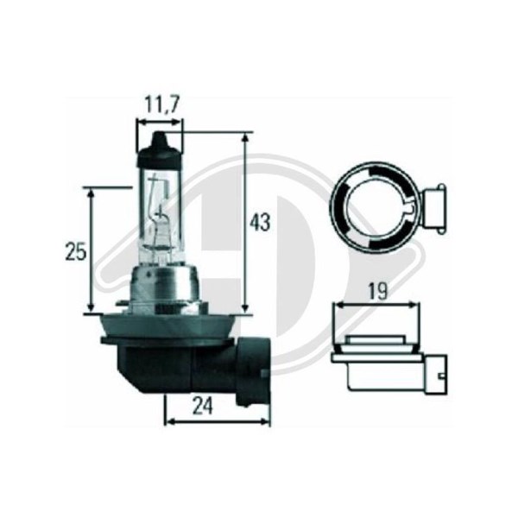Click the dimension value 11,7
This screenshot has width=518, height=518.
162,105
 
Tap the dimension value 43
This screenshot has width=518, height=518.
260,223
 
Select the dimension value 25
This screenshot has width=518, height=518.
76,251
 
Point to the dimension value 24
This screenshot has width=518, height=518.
203,407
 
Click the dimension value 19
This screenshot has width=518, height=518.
377,292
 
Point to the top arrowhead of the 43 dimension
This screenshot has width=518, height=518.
245,138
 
